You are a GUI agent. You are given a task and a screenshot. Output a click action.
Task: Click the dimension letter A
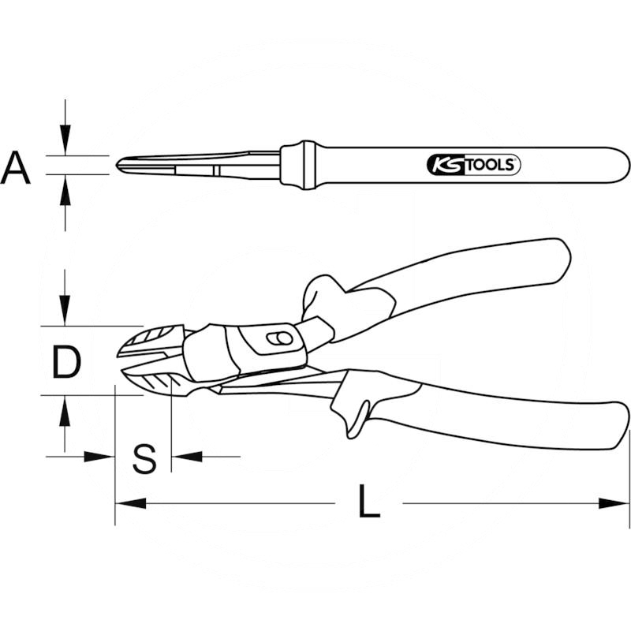[x=16, y=167]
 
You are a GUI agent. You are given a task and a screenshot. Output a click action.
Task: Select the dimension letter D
[x=66, y=363]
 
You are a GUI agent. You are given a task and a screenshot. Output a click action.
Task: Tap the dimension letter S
[x=144, y=458]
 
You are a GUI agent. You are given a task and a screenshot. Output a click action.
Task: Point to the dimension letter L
[x=368, y=501]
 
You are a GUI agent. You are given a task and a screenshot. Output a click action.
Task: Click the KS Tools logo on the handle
[x=473, y=165]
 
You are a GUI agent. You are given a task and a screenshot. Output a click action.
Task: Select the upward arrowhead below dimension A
[x=65, y=190]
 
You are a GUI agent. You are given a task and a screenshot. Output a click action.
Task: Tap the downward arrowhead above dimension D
[x=65, y=310]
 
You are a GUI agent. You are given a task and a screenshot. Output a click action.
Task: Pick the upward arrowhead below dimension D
[x=65, y=410]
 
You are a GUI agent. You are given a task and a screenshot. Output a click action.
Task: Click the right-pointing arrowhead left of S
[x=99, y=457]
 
